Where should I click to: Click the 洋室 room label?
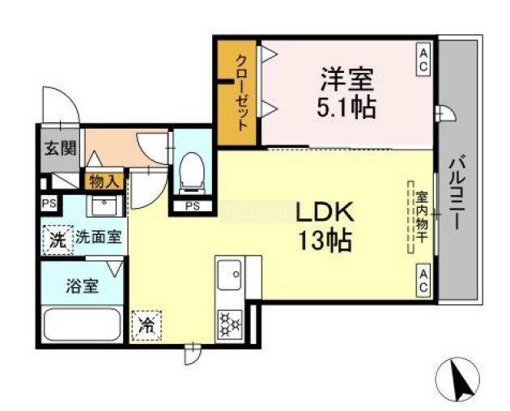tap(347, 79)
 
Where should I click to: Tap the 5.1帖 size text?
tap(346, 108)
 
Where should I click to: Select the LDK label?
tap(325, 212)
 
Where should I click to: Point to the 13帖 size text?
tap(325, 241)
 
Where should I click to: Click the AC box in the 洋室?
tap(423, 60)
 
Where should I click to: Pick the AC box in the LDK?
tap(423, 281)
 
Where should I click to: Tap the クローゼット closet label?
tap(242, 93)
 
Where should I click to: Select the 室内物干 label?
tap(422, 217)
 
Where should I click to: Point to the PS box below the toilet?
tap(192, 205)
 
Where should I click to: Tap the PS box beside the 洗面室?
tap(49, 204)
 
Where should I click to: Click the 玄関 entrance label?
tap(61, 149)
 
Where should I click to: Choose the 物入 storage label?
tap(104, 182)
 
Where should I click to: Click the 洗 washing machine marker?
tap(58, 240)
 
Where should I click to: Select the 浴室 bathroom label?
tap(82, 286)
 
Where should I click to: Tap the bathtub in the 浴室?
tap(83, 325)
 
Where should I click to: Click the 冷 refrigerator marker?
tap(147, 326)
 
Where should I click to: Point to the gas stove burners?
tap(230, 324)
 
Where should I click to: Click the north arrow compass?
tap(457, 379)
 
